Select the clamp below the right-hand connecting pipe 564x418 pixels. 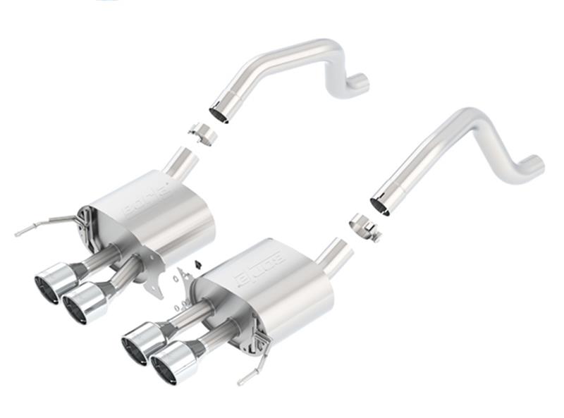tap(364, 227)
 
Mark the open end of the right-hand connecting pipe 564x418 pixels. tap(380, 205)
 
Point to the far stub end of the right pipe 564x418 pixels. tap(534, 166)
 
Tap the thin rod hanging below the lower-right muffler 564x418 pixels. tap(254, 374)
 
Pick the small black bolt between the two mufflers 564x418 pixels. tap(196, 263)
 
